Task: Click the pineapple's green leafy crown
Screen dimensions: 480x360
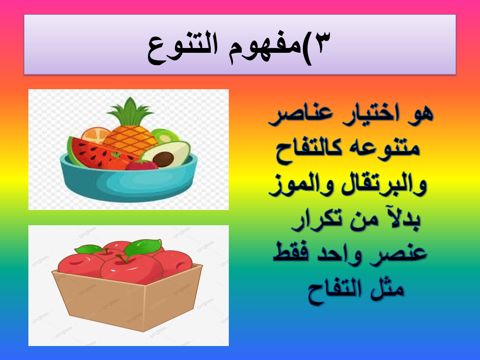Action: click(130, 112)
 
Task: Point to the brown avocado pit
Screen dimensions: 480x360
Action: click(163, 159)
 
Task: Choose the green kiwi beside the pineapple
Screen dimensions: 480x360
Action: click(165, 136)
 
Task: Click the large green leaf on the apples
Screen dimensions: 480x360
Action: click(143, 248)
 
